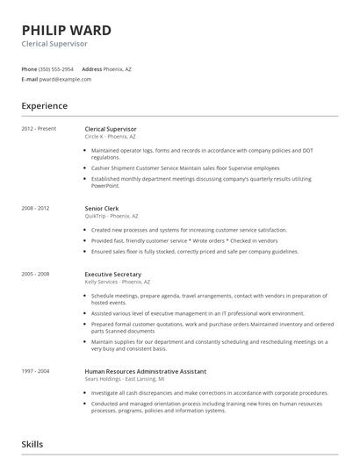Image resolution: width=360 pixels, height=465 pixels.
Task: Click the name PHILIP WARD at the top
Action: [66, 30]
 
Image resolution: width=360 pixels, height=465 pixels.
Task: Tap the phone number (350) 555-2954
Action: [57, 68]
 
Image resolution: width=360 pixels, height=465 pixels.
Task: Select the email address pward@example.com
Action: [66, 79]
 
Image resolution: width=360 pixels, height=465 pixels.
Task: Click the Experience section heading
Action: [44, 106]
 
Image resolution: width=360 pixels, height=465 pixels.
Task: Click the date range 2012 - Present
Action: [40, 129]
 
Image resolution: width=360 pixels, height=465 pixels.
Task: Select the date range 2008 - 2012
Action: [36, 208]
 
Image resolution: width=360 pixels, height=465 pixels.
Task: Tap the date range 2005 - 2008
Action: [36, 274]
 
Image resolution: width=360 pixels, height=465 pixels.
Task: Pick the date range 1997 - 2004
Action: [36, 371]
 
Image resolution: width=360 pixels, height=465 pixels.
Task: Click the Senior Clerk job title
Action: [102, 208]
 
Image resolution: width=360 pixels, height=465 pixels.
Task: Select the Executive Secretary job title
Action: [112, 274]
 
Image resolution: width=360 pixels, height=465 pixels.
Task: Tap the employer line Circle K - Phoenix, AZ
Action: [110, 137]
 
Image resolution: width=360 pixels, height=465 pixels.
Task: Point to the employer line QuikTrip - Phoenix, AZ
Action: [112, 216]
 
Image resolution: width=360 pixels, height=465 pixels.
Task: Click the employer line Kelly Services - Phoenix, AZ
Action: [117, 282]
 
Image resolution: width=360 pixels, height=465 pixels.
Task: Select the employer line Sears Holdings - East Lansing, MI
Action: [124, 379]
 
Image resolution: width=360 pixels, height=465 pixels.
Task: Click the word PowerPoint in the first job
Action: [104, 185]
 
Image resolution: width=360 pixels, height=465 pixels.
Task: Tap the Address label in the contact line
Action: [92, 68]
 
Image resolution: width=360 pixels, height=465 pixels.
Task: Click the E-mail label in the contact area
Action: [30, 79]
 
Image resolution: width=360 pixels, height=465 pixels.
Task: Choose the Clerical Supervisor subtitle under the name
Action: [54, 43]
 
